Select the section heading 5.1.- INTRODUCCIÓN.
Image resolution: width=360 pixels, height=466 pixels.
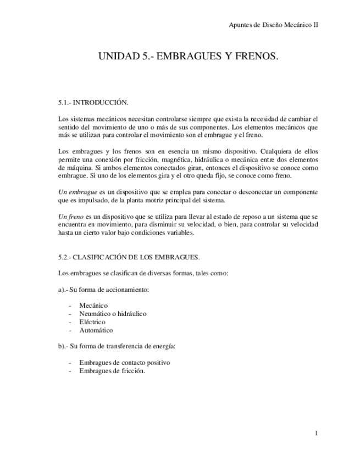tap(93, 102)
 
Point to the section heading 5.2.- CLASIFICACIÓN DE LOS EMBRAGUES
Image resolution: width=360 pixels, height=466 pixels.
tap(129, 257)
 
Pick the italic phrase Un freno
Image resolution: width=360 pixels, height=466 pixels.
tap(70, 217)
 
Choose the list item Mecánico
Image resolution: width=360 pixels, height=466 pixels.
tap(93, 305)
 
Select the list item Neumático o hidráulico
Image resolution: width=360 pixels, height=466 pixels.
tap(113, 314)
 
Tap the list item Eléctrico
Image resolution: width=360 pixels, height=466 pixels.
tap(92, 322)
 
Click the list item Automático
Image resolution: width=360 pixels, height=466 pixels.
tap(96, 330)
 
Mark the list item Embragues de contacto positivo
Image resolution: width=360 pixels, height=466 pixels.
tap(125, 363)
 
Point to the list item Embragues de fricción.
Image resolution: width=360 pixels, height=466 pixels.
tap(112, 371)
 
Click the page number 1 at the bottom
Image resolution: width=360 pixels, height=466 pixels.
tap(316, 434)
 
